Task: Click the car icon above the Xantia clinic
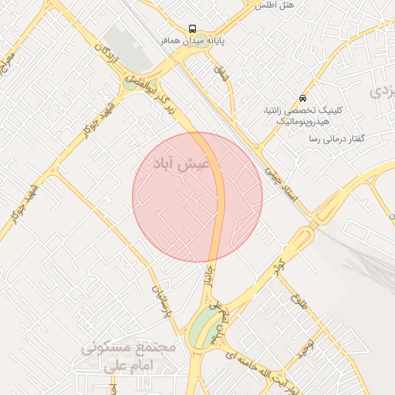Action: [x=302, y=99]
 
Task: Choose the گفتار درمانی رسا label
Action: [x=336, y=138]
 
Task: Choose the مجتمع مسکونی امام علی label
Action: [x=130, y=356]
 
